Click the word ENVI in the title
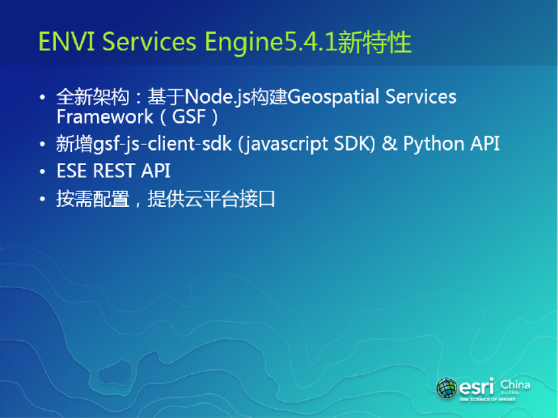click(67, 41)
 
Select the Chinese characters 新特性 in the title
click(374, 42)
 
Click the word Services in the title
click(150, 41)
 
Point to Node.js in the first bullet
click(217, 97)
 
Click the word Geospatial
click(333, 98)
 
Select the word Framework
click(105, 116)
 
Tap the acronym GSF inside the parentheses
click(189, 116)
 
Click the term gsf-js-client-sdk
click(162, 144)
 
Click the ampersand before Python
click(389, 144)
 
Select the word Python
click(433, 144)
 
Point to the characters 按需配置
click(93, 199)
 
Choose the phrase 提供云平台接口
click(212, 199)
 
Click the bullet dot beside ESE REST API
click(43, 172)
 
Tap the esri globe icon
click(447, 388)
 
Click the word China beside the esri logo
click(515, 384)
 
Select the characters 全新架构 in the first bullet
click(93, 97)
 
